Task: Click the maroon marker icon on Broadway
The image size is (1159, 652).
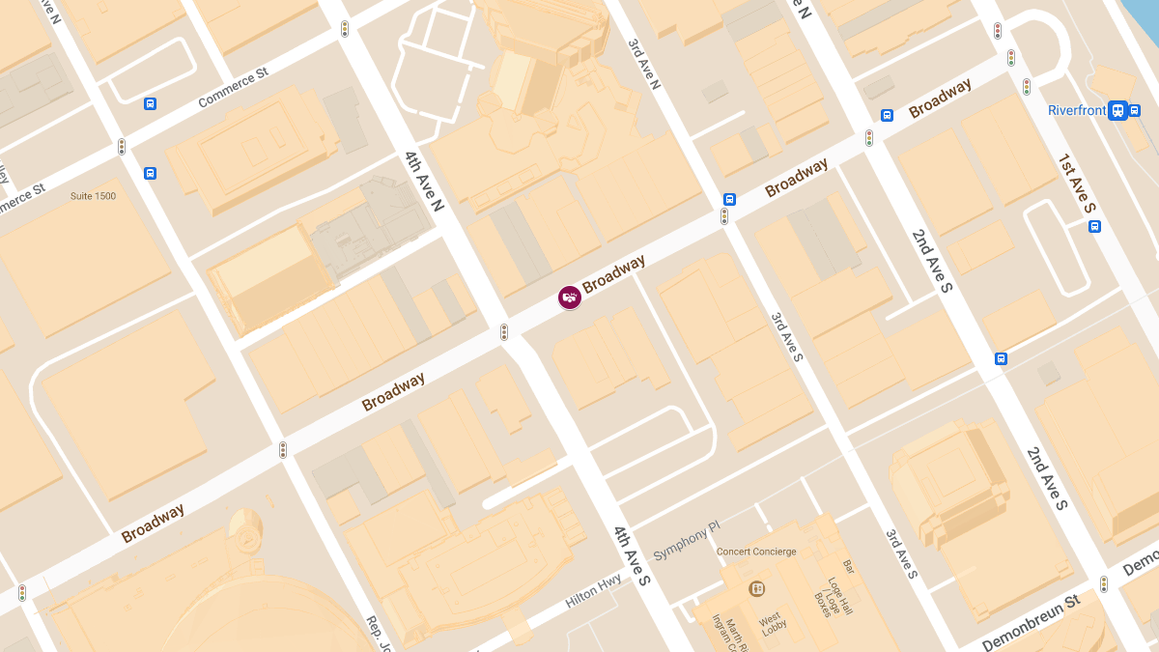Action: tap(570, 298)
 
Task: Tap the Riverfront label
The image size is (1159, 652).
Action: tap(1076, 110)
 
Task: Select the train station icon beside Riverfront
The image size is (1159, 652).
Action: tap(1117, 110)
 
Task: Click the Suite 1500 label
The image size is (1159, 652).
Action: tap(93, 196)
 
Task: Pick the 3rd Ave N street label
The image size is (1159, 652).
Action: tap(643, 65)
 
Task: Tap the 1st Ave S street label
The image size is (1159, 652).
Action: tap(1076, 183)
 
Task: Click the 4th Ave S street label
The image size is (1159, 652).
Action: tap(633, 554)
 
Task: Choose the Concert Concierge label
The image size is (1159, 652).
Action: tap(756, 552)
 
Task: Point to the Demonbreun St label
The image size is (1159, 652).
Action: tap(1031, 623)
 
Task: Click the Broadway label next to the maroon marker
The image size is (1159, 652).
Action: tap(613, 274)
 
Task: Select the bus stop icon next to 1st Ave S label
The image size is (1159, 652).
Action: tap(1094, 226)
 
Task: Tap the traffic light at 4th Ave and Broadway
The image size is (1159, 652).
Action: tap(503, 332)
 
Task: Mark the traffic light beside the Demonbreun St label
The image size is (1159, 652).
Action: tap(1103, 584)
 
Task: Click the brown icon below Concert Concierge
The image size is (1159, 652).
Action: tap(757, 587)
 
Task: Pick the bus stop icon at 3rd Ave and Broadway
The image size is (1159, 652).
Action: tap(729, 200)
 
